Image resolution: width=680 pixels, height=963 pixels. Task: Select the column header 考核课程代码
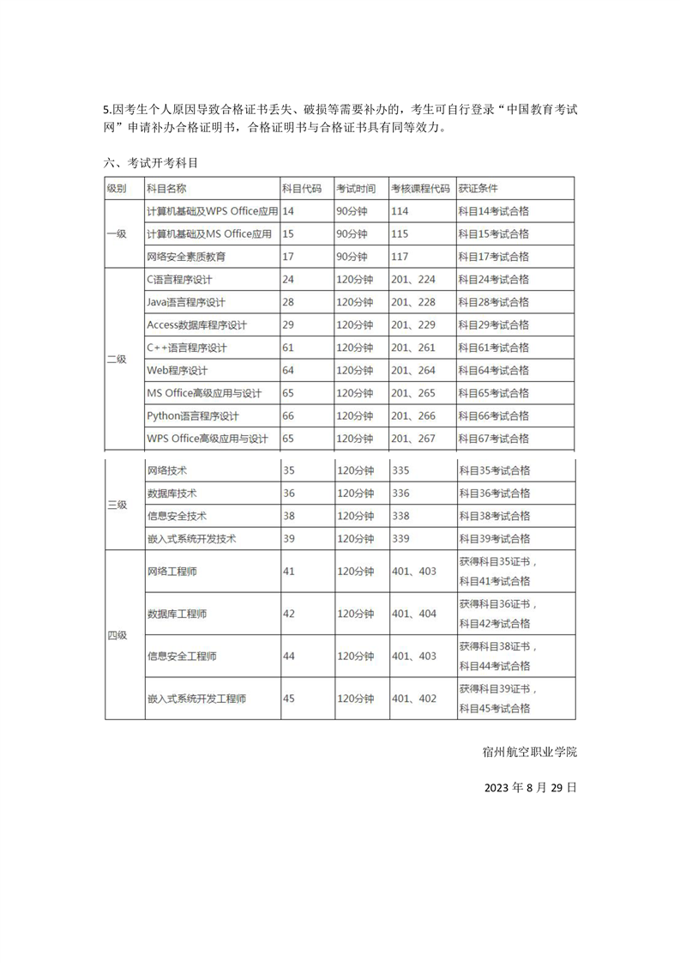click(420, 188)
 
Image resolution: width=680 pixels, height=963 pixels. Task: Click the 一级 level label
click(117, 233)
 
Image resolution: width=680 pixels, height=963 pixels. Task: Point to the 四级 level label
click(117, 635)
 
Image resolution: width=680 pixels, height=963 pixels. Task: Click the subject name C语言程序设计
click(180, 280)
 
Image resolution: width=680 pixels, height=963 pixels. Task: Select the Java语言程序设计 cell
click(187, 302)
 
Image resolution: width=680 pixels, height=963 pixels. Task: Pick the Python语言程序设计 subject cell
click(193, 416)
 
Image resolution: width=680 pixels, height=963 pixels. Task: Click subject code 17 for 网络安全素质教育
click(288, 257)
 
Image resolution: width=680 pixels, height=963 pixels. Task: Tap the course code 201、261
click(413, 348)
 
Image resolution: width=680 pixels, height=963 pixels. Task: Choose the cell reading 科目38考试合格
click(495, 516)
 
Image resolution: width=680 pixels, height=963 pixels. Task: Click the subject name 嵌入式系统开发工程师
click(197, 699)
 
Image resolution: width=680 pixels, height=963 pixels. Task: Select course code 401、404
click(413, 614)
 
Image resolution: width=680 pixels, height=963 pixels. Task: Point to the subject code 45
click(288, 699)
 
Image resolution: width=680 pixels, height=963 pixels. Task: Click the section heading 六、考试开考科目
click(152, 161)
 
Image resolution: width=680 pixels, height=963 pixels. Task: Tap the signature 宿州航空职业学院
click(530, 752)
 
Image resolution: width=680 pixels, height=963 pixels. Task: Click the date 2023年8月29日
click(530, 787)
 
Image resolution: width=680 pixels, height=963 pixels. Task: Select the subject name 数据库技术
click(172, 494)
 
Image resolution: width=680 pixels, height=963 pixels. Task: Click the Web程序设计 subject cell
click(178, 371)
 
